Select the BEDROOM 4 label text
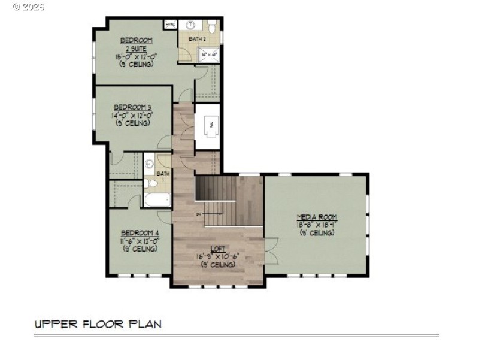(140, 233)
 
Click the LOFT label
(217, 249)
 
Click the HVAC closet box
(170, 25)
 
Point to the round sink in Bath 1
(150, 162)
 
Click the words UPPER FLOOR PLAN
(98, 324)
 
